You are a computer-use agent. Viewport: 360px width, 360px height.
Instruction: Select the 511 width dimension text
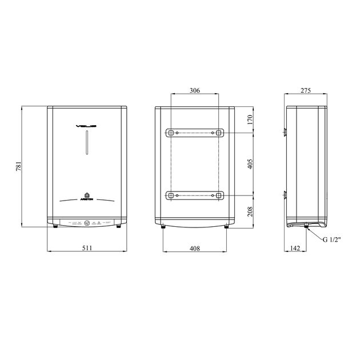click(x=86, y=247)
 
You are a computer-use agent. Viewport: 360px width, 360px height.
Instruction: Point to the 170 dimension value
click(x=249, y=119)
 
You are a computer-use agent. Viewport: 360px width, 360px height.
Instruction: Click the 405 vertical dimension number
click(x=249, y=164)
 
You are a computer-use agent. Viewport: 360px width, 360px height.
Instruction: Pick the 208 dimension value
click(x=249, y=211)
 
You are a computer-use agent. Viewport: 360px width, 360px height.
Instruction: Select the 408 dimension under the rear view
click(x=195, y=247)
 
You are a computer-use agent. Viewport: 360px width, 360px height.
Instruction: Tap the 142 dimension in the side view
click(x=295, y=247)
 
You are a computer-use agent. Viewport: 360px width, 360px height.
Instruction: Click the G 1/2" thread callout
click(x=333, y=240)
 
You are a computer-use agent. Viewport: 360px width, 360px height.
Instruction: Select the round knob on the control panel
click(x=87, y=223)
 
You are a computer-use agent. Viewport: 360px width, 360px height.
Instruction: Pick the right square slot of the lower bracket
click(x=219, y=196)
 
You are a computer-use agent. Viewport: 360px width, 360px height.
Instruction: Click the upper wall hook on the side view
click(x=286, y=133)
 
